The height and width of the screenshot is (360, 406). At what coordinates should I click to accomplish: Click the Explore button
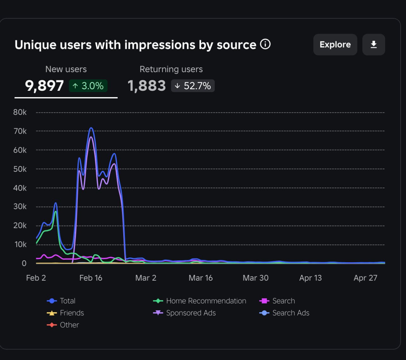(x=335, y=44)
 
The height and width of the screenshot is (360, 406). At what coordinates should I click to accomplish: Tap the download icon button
(x=374, y=44)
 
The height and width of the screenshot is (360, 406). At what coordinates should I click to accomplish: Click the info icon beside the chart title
(x=265, y=44)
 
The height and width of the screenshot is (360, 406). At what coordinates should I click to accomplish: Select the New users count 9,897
(x=44, y=86)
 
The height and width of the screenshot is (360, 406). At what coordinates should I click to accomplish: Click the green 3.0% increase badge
(x=88, y=86)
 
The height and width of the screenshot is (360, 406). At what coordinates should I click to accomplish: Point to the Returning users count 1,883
(x=147, y=86)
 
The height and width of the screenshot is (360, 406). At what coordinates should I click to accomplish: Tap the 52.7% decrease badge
(x=193, y=86)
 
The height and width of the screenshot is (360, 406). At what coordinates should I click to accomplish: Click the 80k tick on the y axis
(x=20, y=112)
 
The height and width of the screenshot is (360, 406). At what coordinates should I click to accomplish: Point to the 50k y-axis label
(x=20, y=169)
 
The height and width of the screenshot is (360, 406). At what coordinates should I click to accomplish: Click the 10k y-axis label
(x=20, y=245)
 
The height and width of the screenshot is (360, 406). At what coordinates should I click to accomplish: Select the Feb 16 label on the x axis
(x=91, y=278)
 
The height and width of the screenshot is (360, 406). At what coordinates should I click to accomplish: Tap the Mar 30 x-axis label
(x=256, y=278)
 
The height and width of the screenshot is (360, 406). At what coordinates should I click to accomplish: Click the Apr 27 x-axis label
(x=365, y=278)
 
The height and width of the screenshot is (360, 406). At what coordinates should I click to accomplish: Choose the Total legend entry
(x=61, y=301)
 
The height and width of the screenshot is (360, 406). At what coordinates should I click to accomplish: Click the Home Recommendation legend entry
(x=200, y=301)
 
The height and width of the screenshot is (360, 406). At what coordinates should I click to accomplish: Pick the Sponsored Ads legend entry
(x=184, y=313)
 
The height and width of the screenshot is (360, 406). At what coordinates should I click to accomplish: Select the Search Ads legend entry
(x=284, y=313)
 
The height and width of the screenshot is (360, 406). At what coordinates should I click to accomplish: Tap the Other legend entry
(x=63, y=325)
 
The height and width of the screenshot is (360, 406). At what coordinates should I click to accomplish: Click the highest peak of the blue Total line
(x=91, y=128)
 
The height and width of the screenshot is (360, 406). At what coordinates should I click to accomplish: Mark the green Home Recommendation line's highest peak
(x=56, y=211)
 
